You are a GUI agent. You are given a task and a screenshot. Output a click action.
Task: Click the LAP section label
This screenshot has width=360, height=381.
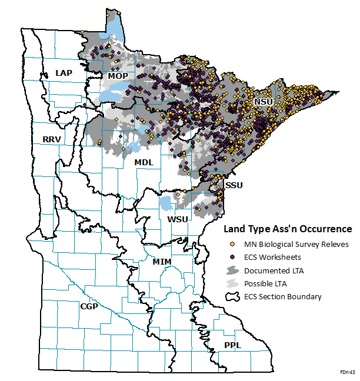pos(63,72)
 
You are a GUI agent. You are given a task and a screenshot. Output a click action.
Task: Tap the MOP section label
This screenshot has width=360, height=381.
pos(117,76)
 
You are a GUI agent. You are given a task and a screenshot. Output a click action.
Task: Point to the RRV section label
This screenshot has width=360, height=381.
pos(53,139)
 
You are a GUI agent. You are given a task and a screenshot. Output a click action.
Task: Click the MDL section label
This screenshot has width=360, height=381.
pos(144,162)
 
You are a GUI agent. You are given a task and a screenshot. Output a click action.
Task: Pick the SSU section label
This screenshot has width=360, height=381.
pos(235,185)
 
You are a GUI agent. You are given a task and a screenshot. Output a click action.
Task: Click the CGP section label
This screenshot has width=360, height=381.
pos(89,306)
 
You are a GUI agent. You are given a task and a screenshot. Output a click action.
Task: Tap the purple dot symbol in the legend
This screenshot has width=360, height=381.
pos(233,257)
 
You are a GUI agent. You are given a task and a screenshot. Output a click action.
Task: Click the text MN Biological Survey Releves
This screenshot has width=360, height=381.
pos(296,244)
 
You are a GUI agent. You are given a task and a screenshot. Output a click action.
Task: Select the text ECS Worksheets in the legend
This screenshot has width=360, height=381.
pos(274,257)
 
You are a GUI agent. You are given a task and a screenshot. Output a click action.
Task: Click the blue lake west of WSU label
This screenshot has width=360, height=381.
pos(166,204)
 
